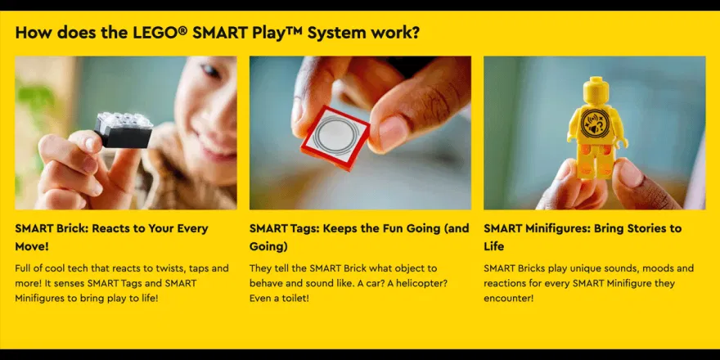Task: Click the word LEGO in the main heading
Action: point(155,33)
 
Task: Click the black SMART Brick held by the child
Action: point(124,130)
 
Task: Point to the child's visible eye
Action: point(212,70)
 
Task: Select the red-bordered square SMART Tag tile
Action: point(335,137)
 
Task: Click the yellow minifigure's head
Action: point(596,91)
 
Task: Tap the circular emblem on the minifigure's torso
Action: point(595,124)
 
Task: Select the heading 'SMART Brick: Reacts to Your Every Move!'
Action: point(111,237)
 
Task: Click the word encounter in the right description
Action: point(508,299)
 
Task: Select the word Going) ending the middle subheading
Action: point(268,246)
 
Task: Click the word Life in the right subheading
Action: point(493,246)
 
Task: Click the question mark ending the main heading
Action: point(415,33)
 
